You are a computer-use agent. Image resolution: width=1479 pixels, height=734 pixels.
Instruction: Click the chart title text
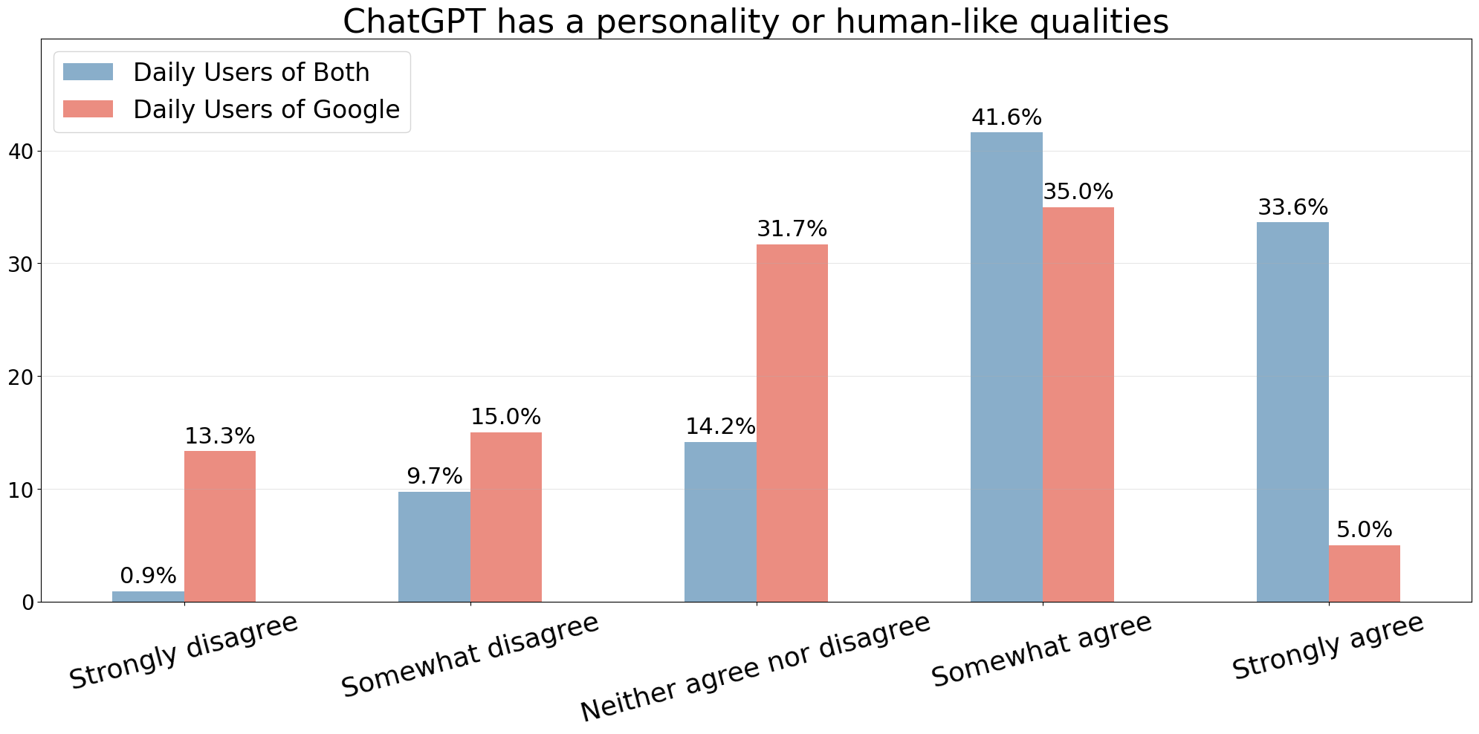pyautogui.click(x=755, y=22)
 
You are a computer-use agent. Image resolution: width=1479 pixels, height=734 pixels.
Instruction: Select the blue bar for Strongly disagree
pyautogui.click(x=148, y=596)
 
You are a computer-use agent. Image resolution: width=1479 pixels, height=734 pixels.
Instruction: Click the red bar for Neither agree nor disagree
pyautogui.click(x=792, y=423)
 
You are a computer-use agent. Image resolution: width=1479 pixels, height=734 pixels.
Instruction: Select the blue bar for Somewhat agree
pyautogui.click(x=1006, y=367)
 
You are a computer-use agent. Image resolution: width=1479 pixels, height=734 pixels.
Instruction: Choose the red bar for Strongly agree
pyautogui.click(x=1364, y=573)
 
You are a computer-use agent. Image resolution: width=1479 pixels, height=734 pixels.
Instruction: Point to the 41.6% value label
pyautogui.click(x=1006, y=118)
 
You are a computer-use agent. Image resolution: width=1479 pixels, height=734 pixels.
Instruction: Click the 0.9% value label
pyautogui.click(x=148, y=576)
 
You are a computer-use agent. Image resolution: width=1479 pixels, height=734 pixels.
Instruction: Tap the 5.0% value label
pyautogui.click(x=1364, y=530)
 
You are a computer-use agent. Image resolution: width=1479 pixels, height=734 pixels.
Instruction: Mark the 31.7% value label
pyautogui.click(x=792, y=230)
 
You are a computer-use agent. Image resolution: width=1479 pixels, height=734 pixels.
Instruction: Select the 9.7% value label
pyautogui.click(x=434, y=476)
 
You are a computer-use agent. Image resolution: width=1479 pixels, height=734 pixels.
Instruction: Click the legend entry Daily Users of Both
pyautogui.click(x=251, y=72)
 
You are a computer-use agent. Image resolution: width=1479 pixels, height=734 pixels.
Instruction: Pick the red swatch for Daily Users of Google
pyautogui.click(x=88, y=109)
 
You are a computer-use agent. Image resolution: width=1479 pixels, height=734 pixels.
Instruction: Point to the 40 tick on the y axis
pyautogui.click(x=20, y=152)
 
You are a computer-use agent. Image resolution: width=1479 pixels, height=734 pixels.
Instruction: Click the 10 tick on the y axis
pyautogui.click(x=20, y=490)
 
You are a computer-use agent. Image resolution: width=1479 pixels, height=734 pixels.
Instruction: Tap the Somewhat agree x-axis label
pyautogui.click(x=1041, y=650)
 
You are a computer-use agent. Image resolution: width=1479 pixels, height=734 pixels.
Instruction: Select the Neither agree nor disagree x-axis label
pyautogui.click(x=755, y=667)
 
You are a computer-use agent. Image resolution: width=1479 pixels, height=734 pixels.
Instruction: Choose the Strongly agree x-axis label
pyautogui.click(x=1327, y=646)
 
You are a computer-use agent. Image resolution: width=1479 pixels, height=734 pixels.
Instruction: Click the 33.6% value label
pyautogui.click(x=1292, y=208)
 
